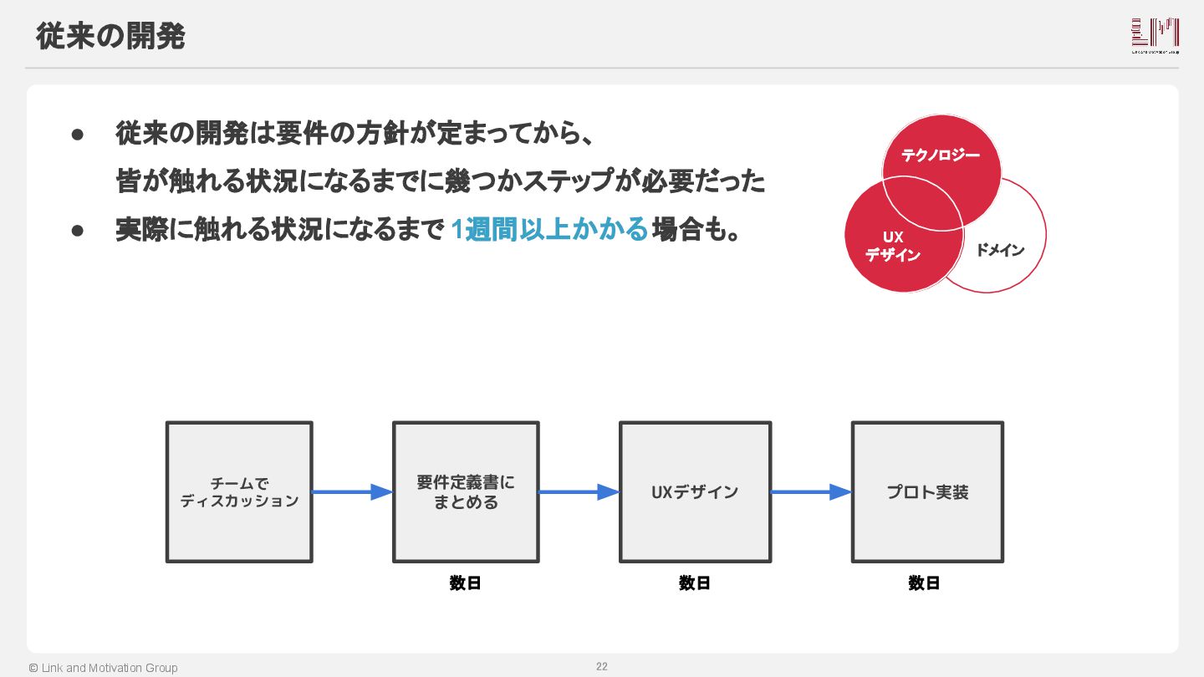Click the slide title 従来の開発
coord(110,37)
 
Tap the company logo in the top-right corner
coord(1155,36)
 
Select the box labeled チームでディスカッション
coord(239,492)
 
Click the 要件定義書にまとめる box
coord(466,492)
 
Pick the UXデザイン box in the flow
coord(695,492)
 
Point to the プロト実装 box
coord(927,492)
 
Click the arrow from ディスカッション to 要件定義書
coord(352,492)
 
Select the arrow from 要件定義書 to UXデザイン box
coord(579,492)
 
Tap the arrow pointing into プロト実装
coord(810,492)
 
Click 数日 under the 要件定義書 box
coord(465,583)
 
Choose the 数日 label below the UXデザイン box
coord(695,583)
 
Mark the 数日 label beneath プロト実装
coord(924,583)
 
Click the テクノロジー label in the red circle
coord(941,155)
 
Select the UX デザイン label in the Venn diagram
coord(893,247)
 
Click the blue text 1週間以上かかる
coord(549,229)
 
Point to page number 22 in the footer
coord(602,666)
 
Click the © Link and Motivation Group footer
coord(103,668)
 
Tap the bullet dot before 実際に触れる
coord(79,229)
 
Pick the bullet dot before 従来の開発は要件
coord(79,134)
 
